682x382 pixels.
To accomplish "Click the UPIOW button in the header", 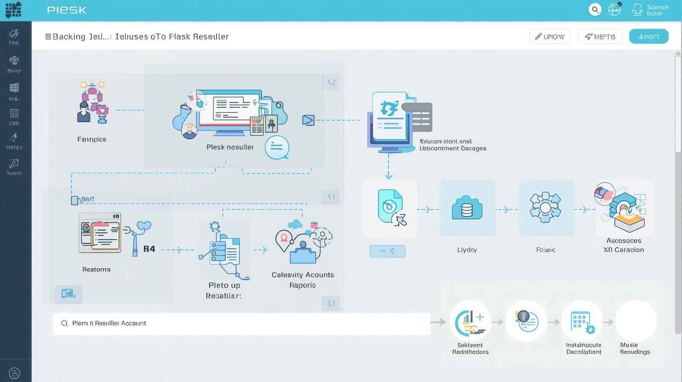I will [549, 37].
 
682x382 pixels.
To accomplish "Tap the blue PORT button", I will [648, 37].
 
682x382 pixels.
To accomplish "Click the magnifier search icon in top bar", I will [595, 9].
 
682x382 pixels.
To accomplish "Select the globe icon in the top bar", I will [614, 9].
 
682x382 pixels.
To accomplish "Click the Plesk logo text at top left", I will [66, 10].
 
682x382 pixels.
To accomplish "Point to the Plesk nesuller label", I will [230, 147].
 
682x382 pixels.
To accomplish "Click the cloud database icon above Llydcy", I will [467, 208].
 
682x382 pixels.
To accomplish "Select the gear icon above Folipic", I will [545, 208].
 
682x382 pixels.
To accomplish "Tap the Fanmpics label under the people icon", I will [92, 139].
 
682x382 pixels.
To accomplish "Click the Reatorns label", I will [96, 269].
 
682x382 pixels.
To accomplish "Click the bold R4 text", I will [149, 249].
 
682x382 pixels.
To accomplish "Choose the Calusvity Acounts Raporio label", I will [303, 280].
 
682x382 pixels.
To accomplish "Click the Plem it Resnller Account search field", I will [241, 324].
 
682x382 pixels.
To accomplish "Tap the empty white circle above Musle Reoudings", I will [636, 321].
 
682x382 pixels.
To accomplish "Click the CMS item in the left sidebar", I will [14, 117].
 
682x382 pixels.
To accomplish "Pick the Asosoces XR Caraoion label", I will [624, 245].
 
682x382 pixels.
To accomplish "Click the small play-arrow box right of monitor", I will [308, 120].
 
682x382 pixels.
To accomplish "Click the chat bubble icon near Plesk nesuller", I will [277, 148].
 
